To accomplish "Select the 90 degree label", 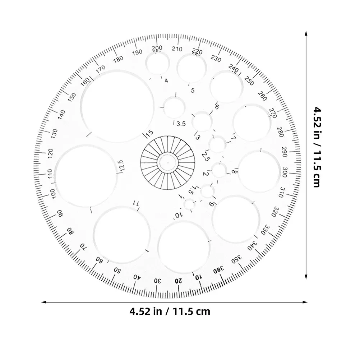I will (60, 213).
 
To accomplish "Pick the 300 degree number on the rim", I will (285, 171).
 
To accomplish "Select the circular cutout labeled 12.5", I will (86, 176).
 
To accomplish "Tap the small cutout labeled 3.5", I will (174, 107).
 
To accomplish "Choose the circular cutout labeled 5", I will (191, 68).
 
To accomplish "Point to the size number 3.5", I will (181, 124).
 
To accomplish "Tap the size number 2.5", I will (206, 157).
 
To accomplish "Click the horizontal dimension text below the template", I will (170, 311).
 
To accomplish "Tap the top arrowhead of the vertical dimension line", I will (306, 33).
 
